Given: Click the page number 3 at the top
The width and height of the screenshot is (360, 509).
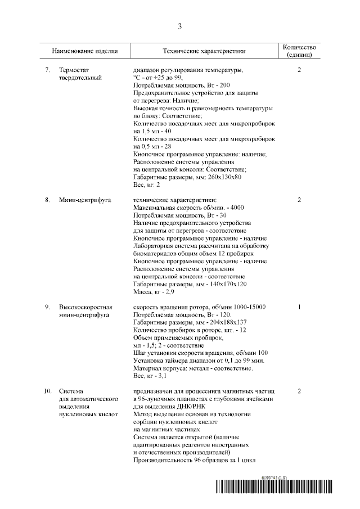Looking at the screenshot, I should [x=180, y=26].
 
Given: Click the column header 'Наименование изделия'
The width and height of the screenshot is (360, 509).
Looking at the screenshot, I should [x=85, y=51].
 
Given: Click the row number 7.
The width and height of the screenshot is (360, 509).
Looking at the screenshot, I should [x=48, y=70].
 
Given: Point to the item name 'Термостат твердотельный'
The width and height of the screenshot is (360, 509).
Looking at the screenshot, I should [x=80, y=74].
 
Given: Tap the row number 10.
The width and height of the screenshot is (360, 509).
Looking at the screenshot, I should [x=48, y=390].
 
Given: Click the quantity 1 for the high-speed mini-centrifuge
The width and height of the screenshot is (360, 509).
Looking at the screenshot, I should [x=299, y=307].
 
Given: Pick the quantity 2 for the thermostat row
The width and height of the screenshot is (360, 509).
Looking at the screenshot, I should [x=299, y=70].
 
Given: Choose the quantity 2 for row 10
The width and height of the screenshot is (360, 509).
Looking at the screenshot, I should [x=299, y=390].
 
